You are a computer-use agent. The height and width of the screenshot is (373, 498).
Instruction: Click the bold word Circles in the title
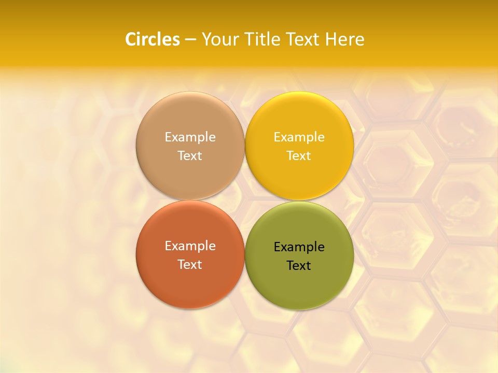[x=152, y=39]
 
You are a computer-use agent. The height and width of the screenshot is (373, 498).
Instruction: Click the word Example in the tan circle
[x=190, y=137]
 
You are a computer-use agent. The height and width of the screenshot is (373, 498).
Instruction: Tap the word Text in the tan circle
[x=190, y=155]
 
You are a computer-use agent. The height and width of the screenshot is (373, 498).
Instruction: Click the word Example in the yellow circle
[x=299, y=137]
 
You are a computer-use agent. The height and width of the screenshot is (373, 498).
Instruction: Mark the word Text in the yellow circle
[x=299, y=155]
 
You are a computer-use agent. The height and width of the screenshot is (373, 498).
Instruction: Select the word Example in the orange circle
[x=190, y=246]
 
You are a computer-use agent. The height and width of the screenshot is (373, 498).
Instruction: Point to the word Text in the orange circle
[x=190, y=264]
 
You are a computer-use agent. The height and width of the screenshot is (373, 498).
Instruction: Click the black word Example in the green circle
[x=299, y=247]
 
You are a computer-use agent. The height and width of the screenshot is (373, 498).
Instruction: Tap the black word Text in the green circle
[x=299, y=265]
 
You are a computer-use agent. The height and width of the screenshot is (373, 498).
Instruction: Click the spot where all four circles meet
[x=245, y=200]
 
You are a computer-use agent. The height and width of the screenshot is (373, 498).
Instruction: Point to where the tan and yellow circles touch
[x=245, y=146]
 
